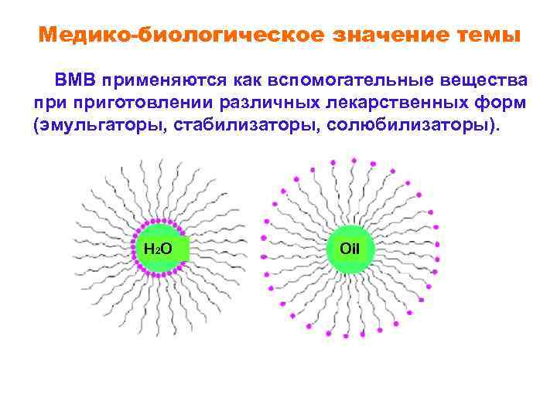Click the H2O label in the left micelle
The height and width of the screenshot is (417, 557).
tap(158, 249)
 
